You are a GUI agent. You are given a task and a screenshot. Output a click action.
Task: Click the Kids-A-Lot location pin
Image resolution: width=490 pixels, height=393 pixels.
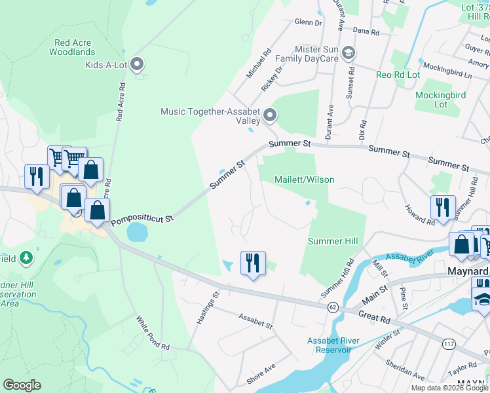[x=137, y=64]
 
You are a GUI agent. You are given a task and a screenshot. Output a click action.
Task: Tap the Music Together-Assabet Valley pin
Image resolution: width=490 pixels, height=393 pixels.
[x=270, y=117]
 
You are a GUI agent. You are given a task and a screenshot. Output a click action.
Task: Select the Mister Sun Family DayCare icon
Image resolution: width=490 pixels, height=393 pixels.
[x=349, y=52]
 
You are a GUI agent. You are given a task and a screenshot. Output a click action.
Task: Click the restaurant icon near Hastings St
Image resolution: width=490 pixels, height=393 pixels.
[x=252, y=263]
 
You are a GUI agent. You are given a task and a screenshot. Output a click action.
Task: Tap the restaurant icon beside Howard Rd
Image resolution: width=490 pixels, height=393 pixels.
[x=443, y=208]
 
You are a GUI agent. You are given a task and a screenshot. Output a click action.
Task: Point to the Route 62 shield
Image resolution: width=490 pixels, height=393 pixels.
[x=333, y=307]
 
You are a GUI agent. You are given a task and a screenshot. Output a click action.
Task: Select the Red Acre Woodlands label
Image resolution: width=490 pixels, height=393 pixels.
[x=75, y=47]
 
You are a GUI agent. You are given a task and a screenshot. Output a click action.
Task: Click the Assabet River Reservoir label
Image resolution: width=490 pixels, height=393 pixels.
[x=330, y=345]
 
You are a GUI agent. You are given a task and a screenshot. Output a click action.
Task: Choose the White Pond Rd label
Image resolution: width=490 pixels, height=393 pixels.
[x=153, y=333]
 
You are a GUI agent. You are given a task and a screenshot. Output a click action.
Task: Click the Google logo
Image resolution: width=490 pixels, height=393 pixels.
[x=22, y=385]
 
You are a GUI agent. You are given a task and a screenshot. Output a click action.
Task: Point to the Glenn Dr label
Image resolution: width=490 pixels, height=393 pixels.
[x=309, y=22]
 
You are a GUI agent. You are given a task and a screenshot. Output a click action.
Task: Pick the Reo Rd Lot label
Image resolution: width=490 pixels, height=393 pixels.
[x=398, y=75]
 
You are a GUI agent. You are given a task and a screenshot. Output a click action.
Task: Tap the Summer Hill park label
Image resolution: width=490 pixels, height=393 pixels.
[x=333, y=242]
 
